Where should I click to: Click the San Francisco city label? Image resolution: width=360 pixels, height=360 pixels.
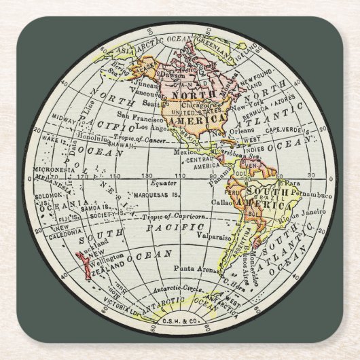click(134, 115)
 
